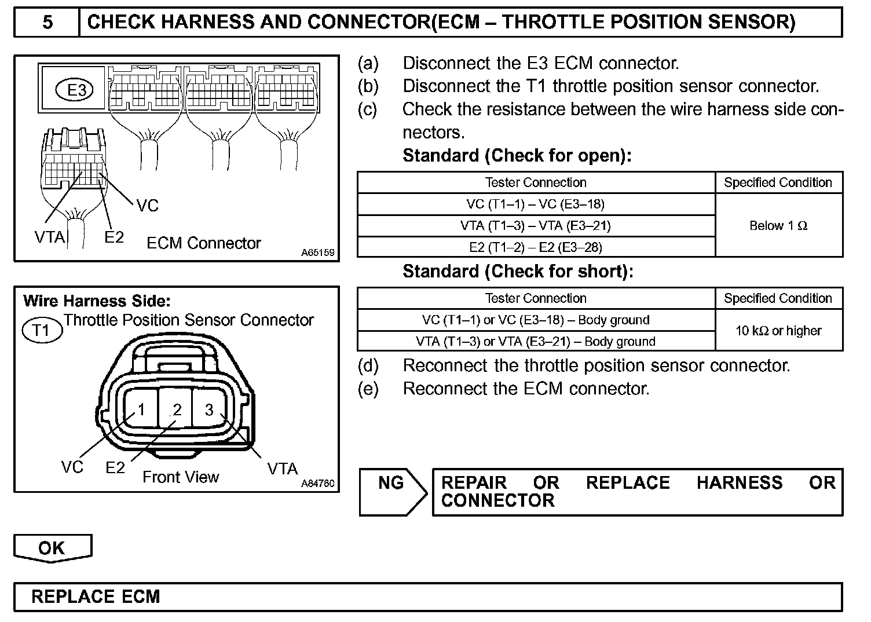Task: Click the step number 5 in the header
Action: click(47, 23)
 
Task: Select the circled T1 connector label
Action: click(41, 330)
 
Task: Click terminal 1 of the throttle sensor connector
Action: click(140, 409)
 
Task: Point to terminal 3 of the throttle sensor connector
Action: click(210, 409)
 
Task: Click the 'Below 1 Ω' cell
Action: click(778, 226)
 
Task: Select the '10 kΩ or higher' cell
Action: click(778, 331)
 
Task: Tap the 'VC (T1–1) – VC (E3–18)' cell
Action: click(536, 204)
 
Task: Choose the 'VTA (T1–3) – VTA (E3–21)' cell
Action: click(536, 226)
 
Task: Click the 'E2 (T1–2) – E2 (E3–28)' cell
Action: click(536, 247)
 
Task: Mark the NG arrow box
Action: click(392, 491)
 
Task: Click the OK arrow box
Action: click(52, 548)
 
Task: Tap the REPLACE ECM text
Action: click(96, 597)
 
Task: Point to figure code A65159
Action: click(318, 253)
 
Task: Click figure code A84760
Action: click(318, 484)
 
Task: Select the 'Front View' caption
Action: click(181, 477)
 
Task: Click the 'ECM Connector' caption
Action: click(204, 243)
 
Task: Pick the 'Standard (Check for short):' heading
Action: click(518, 272)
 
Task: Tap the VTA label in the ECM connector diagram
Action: click(50, 237)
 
